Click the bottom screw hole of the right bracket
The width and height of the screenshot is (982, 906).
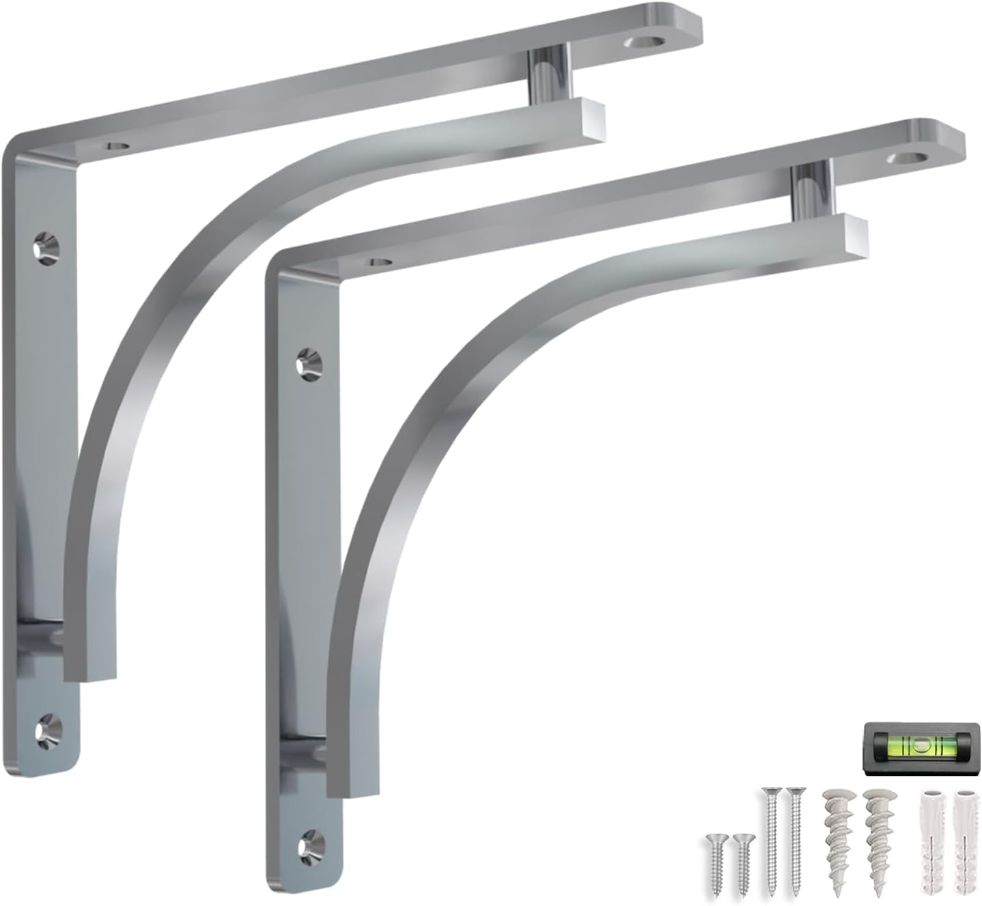click(x=309, y=844)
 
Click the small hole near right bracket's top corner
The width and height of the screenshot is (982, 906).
click(x=378, y=261)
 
